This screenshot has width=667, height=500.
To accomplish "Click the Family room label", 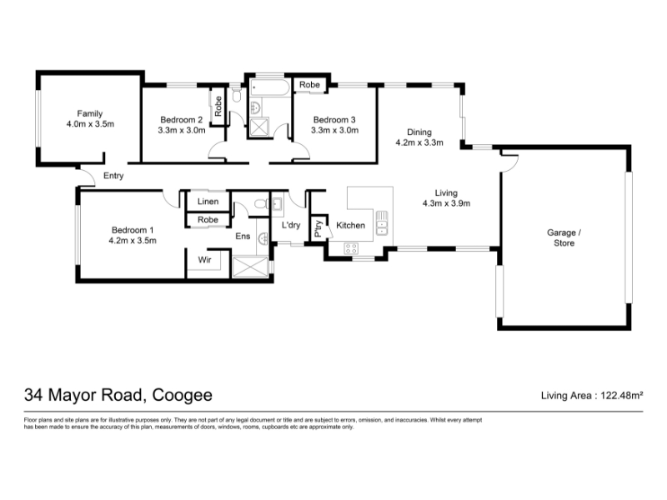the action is coord(90,113).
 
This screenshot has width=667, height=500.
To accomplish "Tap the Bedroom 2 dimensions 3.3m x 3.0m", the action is coord(182,130).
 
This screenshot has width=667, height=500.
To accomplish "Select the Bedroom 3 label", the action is coord(334,120).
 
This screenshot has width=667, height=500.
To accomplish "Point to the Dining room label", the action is coord(419,132).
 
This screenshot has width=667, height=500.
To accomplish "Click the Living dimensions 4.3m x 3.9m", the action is coord(446,203).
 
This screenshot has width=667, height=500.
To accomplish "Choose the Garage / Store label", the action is coord(564,237).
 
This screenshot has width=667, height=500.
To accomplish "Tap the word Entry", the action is coord(113,176).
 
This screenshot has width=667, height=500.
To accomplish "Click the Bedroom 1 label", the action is coord(133,230).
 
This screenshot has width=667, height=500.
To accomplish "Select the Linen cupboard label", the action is coord(208,201).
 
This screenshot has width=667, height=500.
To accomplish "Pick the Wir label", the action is coord(204,259).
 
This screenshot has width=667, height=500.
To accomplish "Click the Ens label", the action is coord(243,236).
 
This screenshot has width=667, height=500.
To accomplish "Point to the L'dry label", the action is coord(291,225).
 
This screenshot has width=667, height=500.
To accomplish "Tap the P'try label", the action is coord(318,228).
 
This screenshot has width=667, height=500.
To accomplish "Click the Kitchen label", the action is coord(350,225).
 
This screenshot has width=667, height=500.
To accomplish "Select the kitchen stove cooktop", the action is coord(351,248).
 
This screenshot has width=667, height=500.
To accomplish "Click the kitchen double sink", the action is coord(382,223).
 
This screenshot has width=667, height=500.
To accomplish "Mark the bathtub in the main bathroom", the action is coord(269,87).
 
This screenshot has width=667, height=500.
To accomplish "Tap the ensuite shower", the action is coord(250,267).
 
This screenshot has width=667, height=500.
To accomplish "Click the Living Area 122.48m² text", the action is coord(592,395).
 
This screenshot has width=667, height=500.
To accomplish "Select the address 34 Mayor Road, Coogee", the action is coord(118,395).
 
